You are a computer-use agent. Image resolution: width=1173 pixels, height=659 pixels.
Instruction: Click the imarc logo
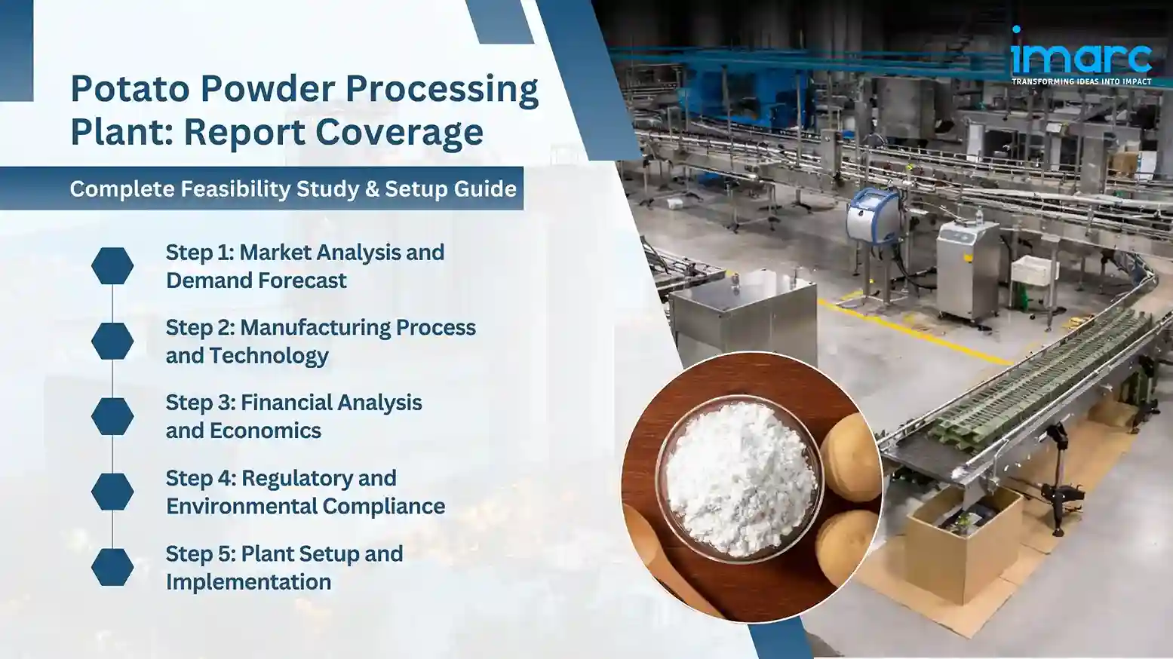(1081, 54)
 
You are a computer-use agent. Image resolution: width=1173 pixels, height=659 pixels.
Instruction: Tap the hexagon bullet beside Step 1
(112, 266)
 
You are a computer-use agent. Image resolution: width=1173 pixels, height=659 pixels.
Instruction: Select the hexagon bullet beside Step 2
(112, 342)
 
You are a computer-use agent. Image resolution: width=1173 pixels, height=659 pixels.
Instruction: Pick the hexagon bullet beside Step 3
(112, 417)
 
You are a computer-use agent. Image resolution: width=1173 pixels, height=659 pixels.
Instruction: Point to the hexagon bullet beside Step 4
(112, 492)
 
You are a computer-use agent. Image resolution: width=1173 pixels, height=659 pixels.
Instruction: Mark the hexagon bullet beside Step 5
(112, 567)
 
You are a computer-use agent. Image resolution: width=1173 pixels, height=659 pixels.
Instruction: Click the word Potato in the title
(130, 89)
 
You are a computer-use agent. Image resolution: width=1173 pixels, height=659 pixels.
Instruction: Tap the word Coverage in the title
(399, 132)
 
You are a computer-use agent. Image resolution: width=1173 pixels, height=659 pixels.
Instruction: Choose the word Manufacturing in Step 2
(315, 327)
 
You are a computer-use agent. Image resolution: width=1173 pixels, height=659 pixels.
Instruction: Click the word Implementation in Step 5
(248, 582)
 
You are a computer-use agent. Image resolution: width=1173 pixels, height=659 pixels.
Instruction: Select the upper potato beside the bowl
(850, 457)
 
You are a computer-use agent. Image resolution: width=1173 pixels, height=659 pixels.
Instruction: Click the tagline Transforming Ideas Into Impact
(1081, 81)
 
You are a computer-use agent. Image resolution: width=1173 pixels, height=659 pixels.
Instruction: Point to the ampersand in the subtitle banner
(372, 189)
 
